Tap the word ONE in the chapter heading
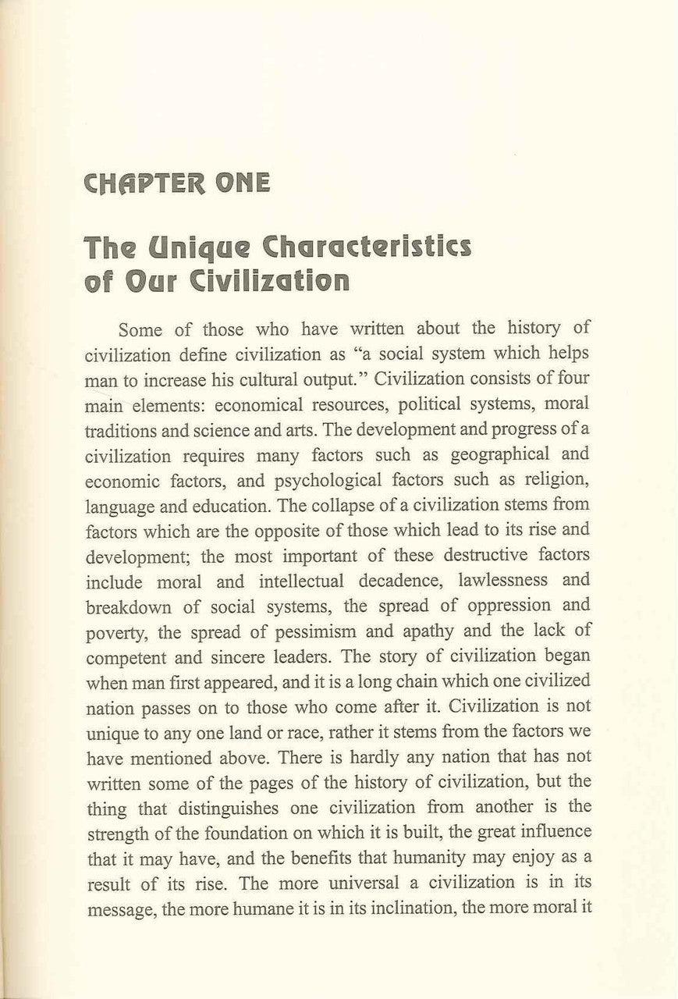pos(240,183)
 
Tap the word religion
pos(554,481)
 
